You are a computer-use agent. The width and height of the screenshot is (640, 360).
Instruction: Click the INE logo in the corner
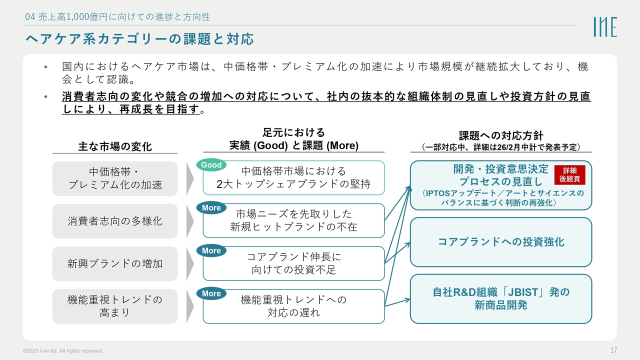click(x=605, y=27)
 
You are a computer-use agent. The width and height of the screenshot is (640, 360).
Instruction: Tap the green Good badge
click(x=211, y=165)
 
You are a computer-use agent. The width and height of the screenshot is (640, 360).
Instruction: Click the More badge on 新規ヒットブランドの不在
click(x=211, y=208)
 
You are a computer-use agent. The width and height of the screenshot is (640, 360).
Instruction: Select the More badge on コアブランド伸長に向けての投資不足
click(x=211, y=251)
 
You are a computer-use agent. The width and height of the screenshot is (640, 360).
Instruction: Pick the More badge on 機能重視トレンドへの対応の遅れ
click(x=211, y=294)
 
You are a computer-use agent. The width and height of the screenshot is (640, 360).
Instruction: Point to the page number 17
click(x=613, y=350)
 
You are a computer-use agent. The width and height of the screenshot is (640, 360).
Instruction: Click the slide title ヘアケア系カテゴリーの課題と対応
click(x=139, y=39)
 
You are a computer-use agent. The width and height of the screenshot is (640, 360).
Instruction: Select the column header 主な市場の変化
click(x=115, y=146)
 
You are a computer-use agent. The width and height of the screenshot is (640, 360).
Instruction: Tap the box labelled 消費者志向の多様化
click(x=115, y=221)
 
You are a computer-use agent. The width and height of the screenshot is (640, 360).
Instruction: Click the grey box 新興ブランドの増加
click(x=115, y=263)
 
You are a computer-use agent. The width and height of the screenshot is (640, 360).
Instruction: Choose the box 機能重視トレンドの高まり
click(x=115, y=306)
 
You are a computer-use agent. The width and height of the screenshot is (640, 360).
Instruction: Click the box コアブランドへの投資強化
click(x=500, y=242)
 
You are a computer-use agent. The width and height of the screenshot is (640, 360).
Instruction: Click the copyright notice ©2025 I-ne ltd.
click(x=63, y=351)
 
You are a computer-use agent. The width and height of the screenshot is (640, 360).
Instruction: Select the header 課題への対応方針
click(x=500, y=136)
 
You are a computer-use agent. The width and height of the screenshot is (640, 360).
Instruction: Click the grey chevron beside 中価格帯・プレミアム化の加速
click(x=190, y=178)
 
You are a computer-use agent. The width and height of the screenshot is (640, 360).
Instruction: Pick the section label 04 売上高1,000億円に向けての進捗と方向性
click(x=117, y=17)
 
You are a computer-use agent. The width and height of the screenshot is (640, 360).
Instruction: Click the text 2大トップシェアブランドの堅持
click(x=293, y=184)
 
